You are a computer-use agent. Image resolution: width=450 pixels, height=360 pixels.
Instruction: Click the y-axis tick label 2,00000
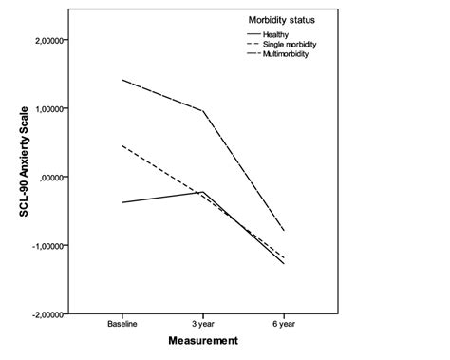[x=61, y=40]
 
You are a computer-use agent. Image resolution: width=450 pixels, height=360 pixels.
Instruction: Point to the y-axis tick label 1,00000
[x=61, y=108]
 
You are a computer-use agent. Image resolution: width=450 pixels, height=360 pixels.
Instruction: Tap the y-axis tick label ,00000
[x=64, y=177]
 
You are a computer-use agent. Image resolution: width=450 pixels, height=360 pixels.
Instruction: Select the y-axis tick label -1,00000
[x=60, y=245]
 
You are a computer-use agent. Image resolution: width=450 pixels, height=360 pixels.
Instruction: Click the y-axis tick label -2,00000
[x=60, y=313]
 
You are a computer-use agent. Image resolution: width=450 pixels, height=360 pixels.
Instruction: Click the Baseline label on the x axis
[x=123, y=324]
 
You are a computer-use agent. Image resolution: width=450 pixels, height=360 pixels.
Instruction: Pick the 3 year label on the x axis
[x=203, y=324]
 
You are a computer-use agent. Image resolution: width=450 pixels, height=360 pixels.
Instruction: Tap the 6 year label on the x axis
[x=283, y=324]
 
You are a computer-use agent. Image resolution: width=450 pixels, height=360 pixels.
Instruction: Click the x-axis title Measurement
[x=203, y=339]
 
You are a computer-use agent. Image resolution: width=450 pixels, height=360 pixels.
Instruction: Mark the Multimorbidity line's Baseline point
[x=123, y=81]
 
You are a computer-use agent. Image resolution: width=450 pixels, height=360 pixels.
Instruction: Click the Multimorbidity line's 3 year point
[x=203, y=111]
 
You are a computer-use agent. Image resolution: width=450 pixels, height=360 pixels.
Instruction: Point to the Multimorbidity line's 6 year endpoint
[x=283, y=231]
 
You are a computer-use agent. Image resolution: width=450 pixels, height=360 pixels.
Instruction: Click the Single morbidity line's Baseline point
[x=123, y=146]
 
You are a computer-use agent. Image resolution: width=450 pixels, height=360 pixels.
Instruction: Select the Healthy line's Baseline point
[x=123, y=202]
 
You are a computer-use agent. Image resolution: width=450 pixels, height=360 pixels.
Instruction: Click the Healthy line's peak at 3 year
[x=203, y=192]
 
